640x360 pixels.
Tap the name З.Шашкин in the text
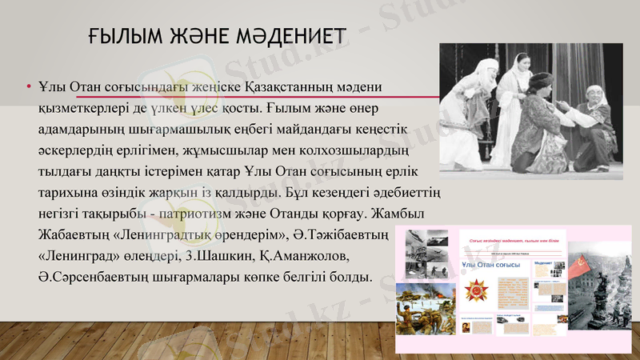pos(232,258)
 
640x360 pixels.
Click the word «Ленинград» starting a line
pos(83,258)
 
